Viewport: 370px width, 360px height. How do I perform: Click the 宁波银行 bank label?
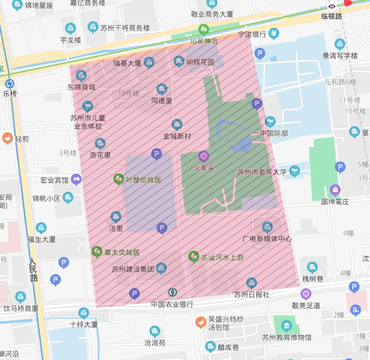[x=252, y=34]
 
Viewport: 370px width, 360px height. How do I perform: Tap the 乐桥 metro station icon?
[x=10, y=84]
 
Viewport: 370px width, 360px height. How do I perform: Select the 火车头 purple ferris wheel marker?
[x=204, y=157]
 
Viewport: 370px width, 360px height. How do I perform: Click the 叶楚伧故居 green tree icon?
[x=119, y=179]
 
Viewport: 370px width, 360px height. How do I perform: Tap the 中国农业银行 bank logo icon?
[x=173, y=292]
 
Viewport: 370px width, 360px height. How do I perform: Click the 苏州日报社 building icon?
[x=251, y=283]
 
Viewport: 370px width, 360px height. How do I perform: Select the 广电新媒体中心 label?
[x=267, y=239]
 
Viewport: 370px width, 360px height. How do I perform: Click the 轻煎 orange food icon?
[x=7, y=139]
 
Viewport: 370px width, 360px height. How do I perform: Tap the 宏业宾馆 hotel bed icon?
[x=76, y=179]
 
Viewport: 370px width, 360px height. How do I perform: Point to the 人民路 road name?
[x=34, y=269]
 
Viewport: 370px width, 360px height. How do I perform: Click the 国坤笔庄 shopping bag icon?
[x=335, y=190]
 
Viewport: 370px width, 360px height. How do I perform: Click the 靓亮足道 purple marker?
[x=306, y=294]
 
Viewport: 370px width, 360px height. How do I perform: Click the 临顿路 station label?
[x=331, y=16]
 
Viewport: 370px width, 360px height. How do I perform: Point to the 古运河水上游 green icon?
[x=194, y=256]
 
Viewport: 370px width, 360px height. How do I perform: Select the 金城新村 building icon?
[x=177, y=124]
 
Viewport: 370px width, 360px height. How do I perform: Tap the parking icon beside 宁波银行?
[x=260, y=53]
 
